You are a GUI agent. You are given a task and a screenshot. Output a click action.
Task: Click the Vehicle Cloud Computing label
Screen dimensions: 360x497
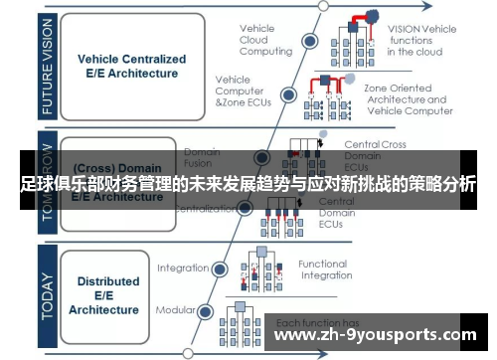pyautogui.click(x=265, y=41)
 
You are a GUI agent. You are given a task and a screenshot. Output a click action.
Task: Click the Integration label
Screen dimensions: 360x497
pyautogui.click(x=183, y=268)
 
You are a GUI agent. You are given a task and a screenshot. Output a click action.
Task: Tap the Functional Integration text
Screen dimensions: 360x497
pyautogui.click(x=323, y=270)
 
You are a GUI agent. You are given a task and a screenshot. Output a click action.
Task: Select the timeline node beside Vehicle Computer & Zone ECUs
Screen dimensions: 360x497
pyautogui.click(x=289, y=94)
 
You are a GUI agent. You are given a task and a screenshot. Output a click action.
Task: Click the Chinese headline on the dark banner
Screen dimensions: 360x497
pyautogui.click(x=248, y=185)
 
